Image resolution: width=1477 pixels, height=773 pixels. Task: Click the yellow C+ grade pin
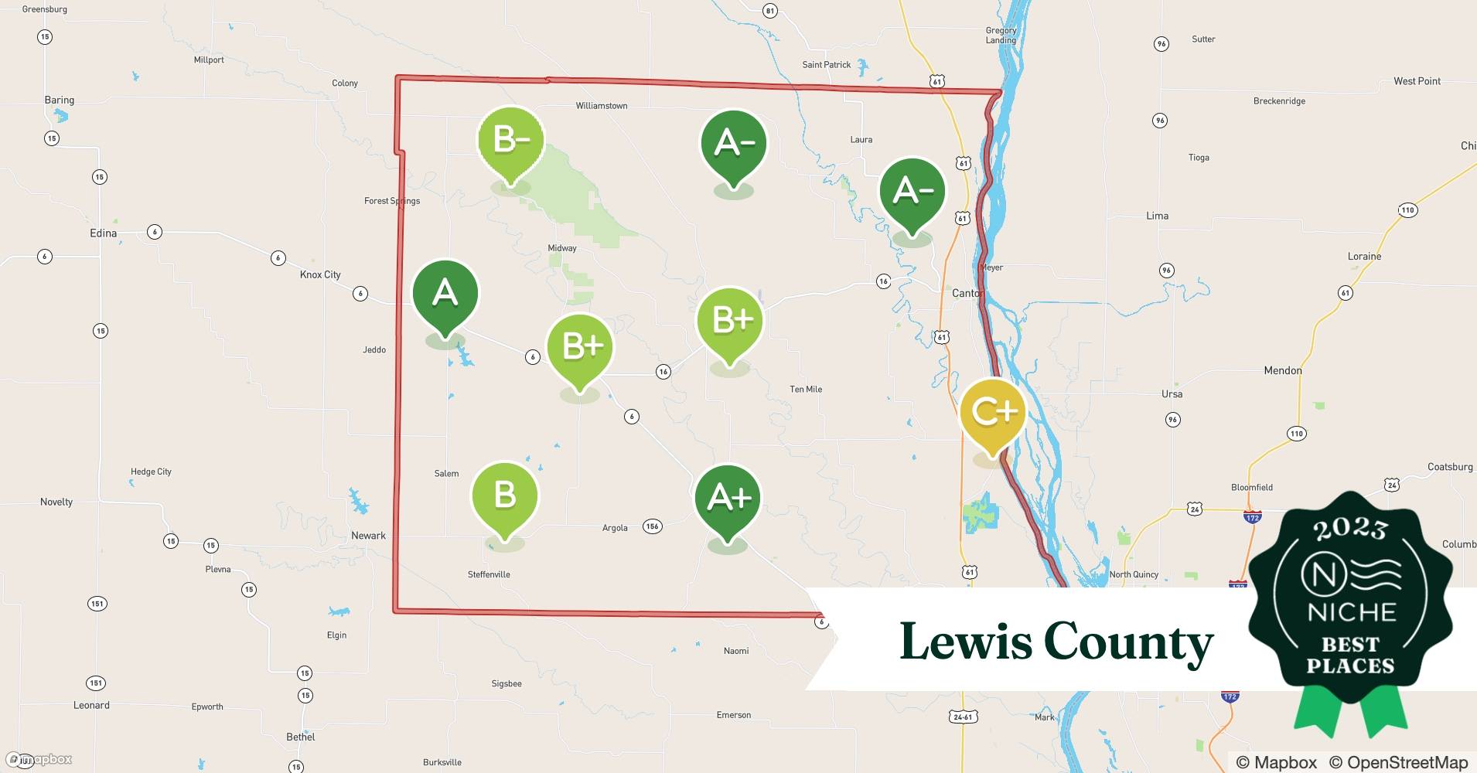[992, 413]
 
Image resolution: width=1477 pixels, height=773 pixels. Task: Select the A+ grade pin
[728, 498]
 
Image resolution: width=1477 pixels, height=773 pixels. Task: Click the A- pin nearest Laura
[912, 191]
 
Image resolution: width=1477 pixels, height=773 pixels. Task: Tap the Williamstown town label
[601, 106]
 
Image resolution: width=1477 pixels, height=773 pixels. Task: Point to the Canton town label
[967, 293]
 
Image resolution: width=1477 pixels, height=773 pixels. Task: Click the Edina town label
[103, 233]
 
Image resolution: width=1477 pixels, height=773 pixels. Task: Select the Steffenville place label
[489, 574]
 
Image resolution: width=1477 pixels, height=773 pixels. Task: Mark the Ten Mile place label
[806, 389]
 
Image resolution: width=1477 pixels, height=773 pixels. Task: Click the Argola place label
[615, 528]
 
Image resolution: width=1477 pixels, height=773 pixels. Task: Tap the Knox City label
[320, 274]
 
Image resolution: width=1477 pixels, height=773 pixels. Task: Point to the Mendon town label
[1282, 370]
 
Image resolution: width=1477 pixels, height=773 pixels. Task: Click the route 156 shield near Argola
[652, 526]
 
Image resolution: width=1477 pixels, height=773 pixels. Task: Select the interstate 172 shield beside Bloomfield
[1253, 516]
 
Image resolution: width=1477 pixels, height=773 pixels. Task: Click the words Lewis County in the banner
[1056, 642]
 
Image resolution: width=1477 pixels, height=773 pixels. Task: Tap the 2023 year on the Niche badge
[1350, 529]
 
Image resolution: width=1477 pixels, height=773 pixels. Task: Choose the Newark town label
[368, 535]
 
